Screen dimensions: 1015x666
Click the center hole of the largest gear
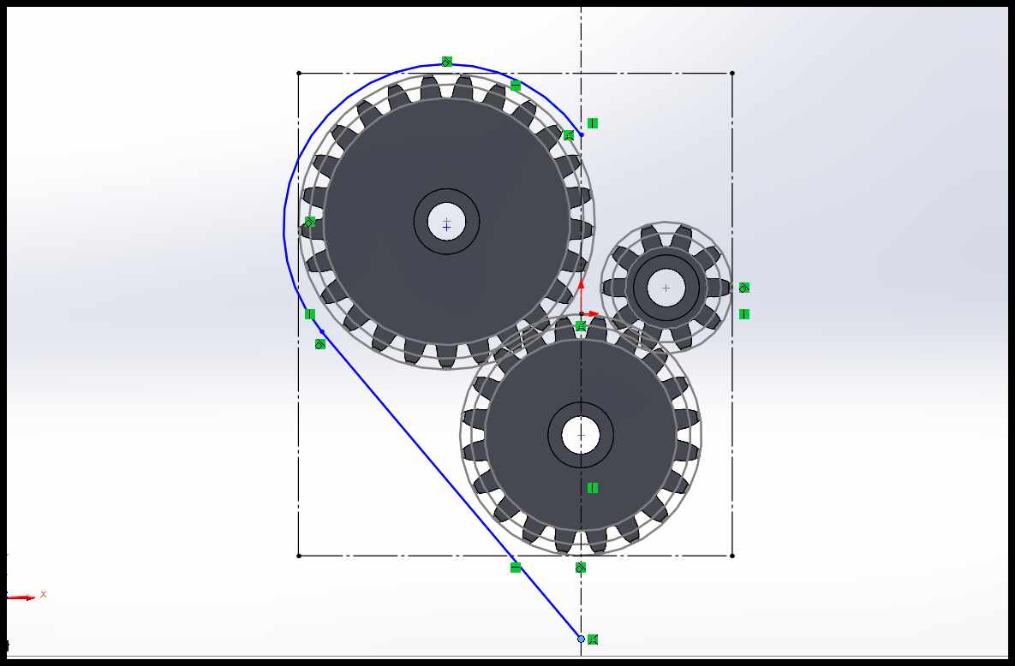point(446,222)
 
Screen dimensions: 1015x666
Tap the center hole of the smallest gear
point(666,288)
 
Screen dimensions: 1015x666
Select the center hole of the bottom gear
point(581,435)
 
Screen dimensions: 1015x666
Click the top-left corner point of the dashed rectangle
point(298,73)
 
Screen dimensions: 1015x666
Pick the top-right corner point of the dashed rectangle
point(732,73)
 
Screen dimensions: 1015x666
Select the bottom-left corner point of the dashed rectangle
point(298,556)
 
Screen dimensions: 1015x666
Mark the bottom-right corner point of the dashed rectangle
point(732,556)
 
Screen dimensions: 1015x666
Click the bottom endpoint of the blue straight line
point(581,639)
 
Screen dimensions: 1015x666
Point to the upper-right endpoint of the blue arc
point(582,134)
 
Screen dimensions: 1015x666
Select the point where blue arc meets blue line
point(322,331)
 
